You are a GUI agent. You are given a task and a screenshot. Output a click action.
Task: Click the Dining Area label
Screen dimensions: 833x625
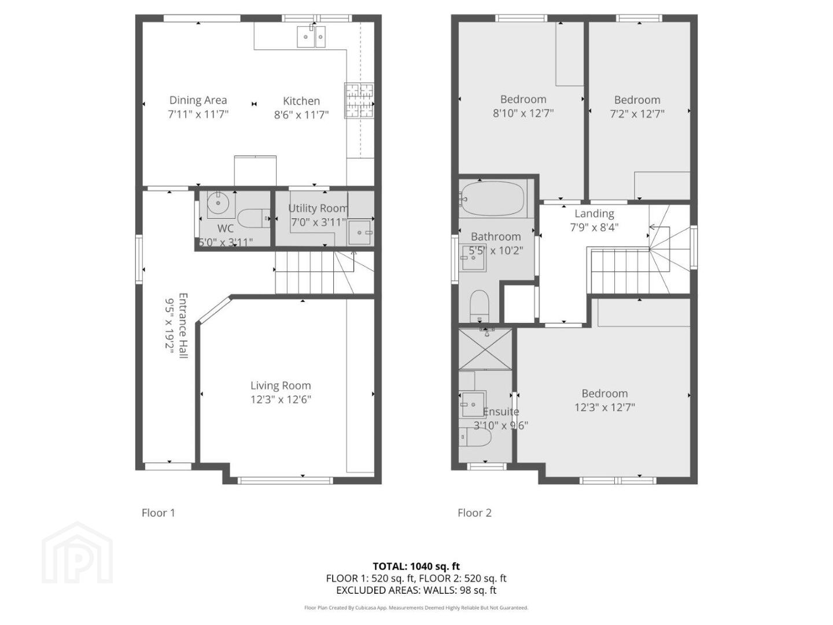pos(198,100)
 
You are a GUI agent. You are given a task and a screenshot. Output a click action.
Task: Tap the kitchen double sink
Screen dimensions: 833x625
pos(311,36)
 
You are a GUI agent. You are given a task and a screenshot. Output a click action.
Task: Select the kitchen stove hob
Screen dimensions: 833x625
pos(359,100)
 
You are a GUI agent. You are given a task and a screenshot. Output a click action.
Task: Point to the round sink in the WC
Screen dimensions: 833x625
pos(219,203)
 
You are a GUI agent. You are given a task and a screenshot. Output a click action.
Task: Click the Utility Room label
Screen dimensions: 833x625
pos(318,208)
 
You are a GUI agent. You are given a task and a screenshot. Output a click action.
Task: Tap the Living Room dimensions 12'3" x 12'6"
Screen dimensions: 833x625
pos(281,399)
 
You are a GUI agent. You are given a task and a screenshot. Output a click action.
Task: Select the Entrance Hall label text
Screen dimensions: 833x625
pos(183,325)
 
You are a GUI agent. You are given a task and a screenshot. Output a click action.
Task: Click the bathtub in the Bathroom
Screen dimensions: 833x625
pos(493,198)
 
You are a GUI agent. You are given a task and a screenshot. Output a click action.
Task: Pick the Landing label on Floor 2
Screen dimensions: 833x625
pos(594,214)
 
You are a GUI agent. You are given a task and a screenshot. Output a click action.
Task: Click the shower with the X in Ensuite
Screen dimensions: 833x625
pos(485,349)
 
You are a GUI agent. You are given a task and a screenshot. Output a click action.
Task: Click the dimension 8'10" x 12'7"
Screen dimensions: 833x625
pos(524,113)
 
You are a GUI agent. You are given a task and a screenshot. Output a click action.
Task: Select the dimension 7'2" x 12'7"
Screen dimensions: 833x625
pos(637,114)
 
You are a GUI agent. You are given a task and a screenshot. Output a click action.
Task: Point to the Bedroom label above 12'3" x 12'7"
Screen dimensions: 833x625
pos(605,393)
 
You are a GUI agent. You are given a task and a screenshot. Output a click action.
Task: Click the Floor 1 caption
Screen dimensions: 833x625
pos(159,513)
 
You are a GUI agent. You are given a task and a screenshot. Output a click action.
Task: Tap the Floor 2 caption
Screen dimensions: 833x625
pos(474,513)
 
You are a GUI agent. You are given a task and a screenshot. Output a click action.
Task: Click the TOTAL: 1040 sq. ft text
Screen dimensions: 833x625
pos(416,566)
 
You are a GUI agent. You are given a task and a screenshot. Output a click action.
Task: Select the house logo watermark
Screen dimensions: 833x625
pos(77,552)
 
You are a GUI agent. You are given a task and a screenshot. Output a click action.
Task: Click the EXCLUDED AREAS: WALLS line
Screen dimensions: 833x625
pos(416,590)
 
